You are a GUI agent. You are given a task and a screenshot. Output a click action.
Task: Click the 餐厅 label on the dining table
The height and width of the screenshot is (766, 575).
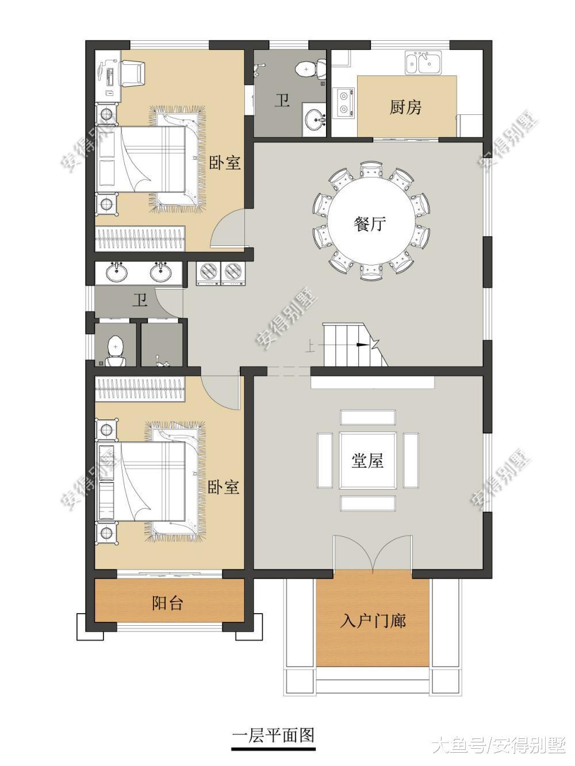(370, 224)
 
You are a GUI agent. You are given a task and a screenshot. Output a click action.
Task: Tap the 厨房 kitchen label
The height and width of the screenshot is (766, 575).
(406, 107)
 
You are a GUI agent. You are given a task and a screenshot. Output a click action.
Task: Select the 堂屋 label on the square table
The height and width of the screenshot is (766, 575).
(367, 461)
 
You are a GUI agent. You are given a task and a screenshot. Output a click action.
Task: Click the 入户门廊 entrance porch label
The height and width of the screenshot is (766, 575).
(373, 621)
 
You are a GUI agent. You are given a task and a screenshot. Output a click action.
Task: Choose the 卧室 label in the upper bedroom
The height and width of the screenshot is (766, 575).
(225, 163)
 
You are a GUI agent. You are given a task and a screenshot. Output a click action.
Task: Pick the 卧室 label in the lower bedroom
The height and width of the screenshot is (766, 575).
(224, 487)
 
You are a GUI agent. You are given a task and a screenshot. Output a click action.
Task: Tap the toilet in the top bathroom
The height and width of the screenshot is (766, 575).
(310, 68)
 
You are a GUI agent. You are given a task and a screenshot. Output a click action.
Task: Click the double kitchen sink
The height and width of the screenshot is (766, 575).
(423, 63)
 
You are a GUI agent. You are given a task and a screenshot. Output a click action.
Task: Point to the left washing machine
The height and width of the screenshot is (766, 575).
(208, 274)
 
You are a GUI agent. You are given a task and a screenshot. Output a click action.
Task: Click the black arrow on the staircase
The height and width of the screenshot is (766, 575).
(362, 345)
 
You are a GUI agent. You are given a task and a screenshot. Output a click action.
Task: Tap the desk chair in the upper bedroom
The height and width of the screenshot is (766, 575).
(133, 73)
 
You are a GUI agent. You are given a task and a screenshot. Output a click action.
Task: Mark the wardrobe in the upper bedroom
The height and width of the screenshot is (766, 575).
(140, 238)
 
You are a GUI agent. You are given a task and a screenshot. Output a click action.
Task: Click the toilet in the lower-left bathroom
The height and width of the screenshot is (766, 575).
(116, 351)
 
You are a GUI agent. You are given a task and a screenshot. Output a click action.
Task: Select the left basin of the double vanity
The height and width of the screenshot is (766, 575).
(117, 272)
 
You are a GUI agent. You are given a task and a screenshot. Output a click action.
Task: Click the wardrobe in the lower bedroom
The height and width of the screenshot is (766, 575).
(140, 389)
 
